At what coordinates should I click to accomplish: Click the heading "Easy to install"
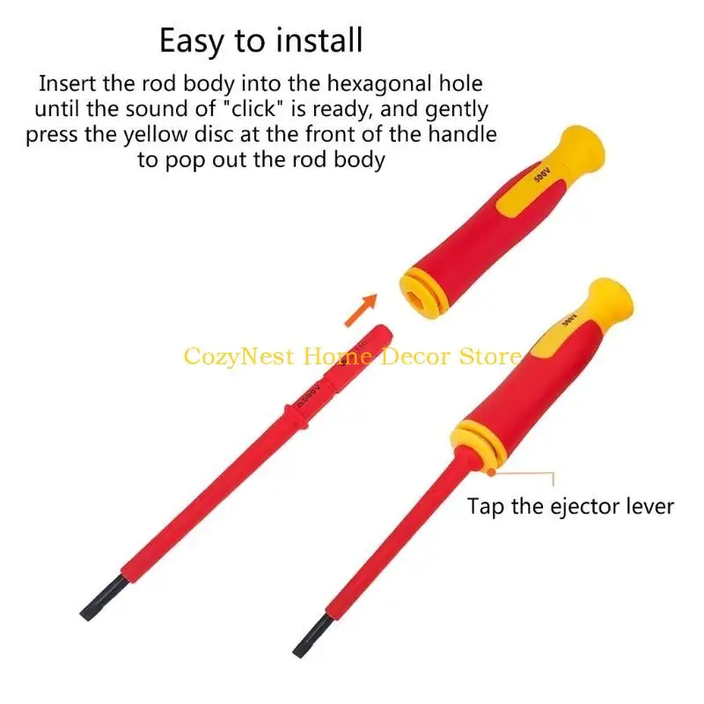(x=260, y=40)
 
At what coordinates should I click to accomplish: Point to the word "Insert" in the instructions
(x=70, y=85)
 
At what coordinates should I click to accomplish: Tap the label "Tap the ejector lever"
(x=570, y=506)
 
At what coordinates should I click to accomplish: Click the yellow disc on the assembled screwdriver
(x=475, y=440)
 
